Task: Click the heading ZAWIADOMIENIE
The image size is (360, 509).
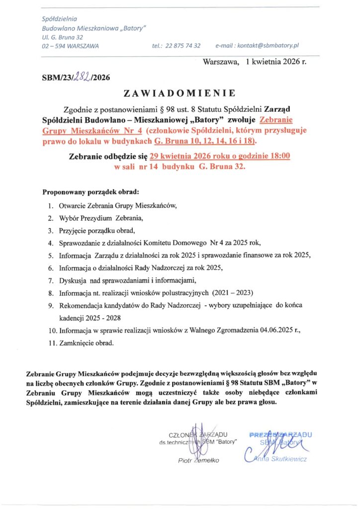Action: (180, 93)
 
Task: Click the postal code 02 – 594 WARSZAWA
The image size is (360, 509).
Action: (70, 46)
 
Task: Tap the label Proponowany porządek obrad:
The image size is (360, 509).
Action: (90, 191)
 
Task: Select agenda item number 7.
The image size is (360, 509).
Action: (51, 280)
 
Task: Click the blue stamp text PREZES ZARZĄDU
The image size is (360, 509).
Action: (280, 434)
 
